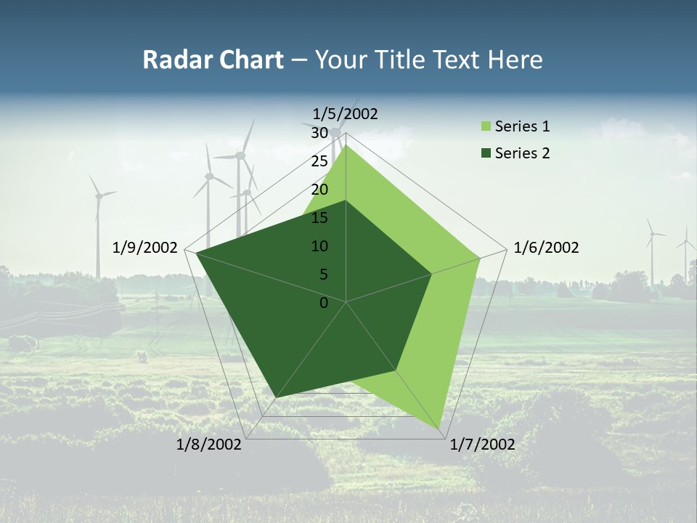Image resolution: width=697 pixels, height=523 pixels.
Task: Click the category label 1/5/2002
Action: point(346,113)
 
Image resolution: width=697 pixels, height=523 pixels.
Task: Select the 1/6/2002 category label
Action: point(546,248)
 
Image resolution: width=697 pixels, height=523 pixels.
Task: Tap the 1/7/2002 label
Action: point(482,445)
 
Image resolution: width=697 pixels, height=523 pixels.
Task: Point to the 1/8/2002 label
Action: point(209,445)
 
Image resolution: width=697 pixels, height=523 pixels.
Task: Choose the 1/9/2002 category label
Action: point(145,248)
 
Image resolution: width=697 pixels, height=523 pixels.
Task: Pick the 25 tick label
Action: point(319,161)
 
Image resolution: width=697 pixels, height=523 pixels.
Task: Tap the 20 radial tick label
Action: point(319,190)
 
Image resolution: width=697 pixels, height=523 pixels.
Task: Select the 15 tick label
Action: point(319,218)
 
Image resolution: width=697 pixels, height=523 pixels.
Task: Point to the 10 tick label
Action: point(319,246)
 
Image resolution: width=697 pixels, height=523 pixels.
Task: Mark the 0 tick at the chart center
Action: point(324,303)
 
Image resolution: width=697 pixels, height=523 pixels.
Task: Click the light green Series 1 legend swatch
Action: point(486,127)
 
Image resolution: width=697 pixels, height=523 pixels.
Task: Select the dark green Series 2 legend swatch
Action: point(486,153)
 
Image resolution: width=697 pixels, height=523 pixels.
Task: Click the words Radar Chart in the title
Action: point(213,60)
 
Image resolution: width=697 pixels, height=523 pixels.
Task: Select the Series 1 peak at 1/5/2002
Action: point(346,145)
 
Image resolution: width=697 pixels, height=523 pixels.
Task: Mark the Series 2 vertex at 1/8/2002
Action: point(277,397)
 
